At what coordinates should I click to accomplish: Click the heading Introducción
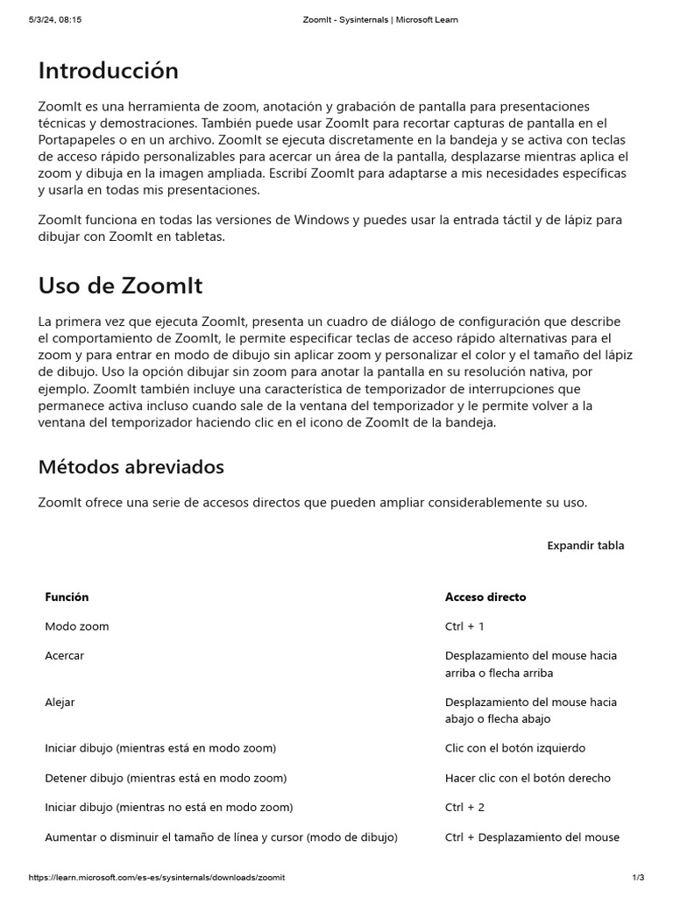click(x=108, y=71)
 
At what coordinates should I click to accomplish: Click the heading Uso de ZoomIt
click(x=120, y=286)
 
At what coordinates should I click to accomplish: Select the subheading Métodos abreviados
click(x=131, y=467)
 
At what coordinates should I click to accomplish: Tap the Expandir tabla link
click(x=585, y=546)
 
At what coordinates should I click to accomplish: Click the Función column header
click(x=67, y=597)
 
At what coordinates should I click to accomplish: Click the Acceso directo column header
click(x=485, y=597)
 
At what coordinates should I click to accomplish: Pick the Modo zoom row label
click(x=77, y=627)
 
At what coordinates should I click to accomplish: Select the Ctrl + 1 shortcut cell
click(x=464, y=627)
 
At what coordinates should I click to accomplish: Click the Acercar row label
click(x=65, y=656)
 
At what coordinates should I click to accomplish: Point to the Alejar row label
click(x=60, y=703)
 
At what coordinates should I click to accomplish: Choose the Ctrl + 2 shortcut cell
click(x=464, y=808)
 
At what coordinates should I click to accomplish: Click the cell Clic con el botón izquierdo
click(x=515, y=749)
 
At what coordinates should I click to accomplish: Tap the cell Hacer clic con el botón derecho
click(x=528, y=779)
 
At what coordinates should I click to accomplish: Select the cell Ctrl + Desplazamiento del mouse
click(x=532, y=837)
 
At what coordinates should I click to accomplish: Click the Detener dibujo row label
click(x=166, y=779)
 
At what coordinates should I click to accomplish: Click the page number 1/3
click(x=638, y=878)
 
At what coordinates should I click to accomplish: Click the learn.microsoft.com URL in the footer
click(x=157, y=878)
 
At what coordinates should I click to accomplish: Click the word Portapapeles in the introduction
click(x=78, y=139)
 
